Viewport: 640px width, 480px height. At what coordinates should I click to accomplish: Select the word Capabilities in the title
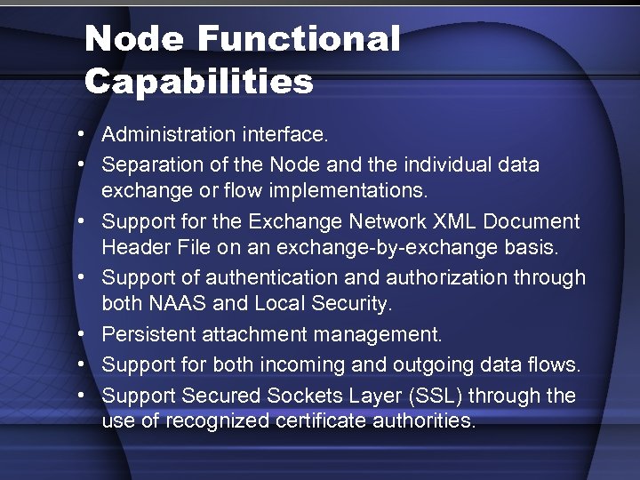199,82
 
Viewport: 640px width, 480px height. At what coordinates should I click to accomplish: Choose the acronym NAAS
182,304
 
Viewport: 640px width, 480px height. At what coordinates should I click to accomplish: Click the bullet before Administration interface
81,135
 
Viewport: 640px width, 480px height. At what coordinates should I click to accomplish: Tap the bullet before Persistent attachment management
81,334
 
